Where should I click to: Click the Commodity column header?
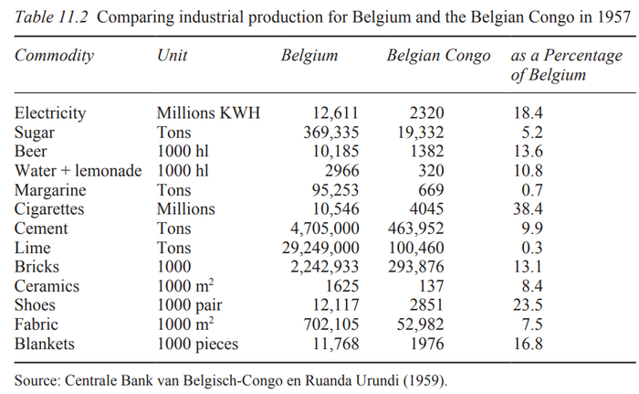coord(54,56)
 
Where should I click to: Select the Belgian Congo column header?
coord(441,56)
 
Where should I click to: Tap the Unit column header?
coord(173,56)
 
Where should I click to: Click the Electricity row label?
coord(50,113)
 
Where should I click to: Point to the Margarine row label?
coord(51,190)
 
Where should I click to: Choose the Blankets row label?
coord(46,344)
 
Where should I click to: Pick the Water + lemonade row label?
coord(79,171)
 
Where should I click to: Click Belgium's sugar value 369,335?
coord(324,133)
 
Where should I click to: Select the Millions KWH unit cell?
coord(209,113)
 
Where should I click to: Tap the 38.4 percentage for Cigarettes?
coord(529,209)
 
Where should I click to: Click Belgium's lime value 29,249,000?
coord(312,248)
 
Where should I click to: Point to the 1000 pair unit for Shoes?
coord(191,305)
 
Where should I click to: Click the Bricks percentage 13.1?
coord(529,267)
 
